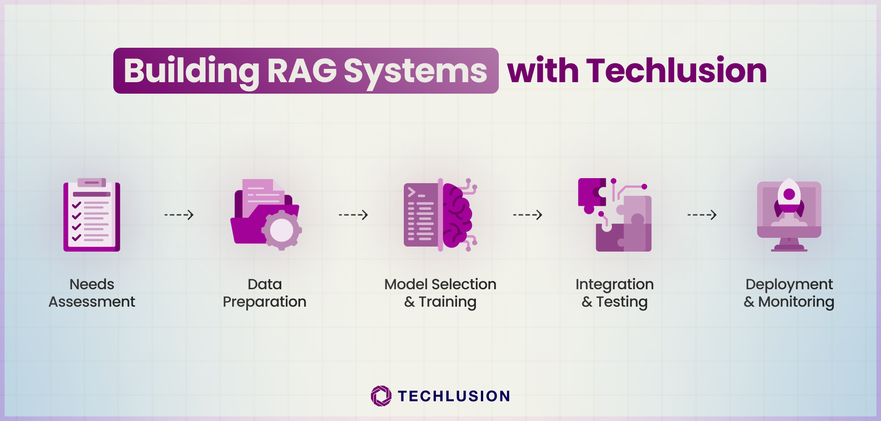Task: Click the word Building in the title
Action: pyautogui.click(x=192, y=71)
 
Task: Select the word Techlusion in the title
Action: pyautogui.click(x=676, y=71)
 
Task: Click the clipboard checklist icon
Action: pyautogui.click(x=92, y=215)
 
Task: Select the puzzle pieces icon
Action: pyautogui.click(x=615, y=215)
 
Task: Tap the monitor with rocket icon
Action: pyautogui.click(x=789, y=215)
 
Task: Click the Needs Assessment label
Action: pyautogui.click(x=92, y=293)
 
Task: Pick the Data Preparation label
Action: pyautogui.click(x=265, y=293)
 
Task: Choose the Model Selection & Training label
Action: pyautogui.click(x=440, y=293)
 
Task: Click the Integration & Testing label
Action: pyautogui.click(x=615, y=293)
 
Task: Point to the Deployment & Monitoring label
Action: pyautogui.click(x=789, y=293)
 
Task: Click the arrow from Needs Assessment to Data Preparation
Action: pyautogui.click(x=179, y=215)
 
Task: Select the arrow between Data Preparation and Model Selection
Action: pyautogui.click(x=353, y=215)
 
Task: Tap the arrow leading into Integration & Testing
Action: pyautogui.click(x=528, y=215)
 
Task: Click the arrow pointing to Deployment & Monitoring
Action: pyautogui.click(x=702, y=215)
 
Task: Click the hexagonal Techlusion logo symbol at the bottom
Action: pyautogui.click(x=381, y=396)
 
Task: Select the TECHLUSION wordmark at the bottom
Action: pyautogui.click(x=454, y=396)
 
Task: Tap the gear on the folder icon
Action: pyautogui.click(x=282, y=230)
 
